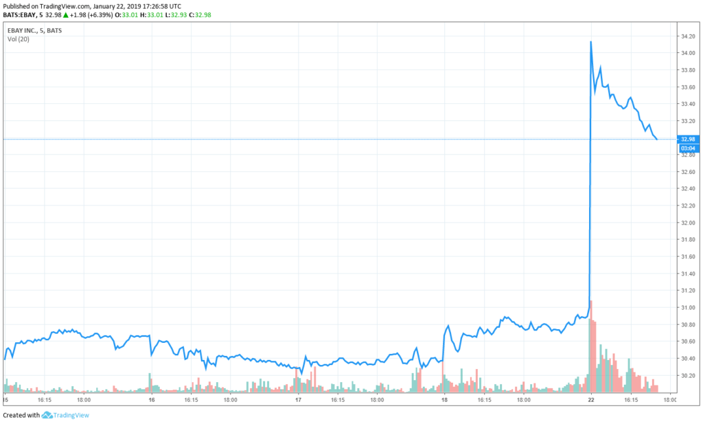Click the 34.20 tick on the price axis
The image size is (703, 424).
(x=688, y=36)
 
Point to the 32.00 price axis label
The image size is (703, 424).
(x=688, y=223)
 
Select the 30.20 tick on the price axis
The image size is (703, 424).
(x=688, y=376)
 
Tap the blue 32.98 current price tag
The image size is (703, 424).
(x=688, y=140)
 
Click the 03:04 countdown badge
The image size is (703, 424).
(x=688, y=148)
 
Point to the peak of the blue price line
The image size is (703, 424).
(x=591, y=42)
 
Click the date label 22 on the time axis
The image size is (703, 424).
(x=591, y=399)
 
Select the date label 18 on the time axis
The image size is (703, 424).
(x=445, y=399)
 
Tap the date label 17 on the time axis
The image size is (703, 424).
(x=298, y=399)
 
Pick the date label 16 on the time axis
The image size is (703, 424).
(x=152, y=399)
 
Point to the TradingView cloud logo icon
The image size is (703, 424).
(x=47, y=415)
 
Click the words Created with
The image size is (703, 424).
(x=21, y=415)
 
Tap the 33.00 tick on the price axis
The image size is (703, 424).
(x=688, y=137)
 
